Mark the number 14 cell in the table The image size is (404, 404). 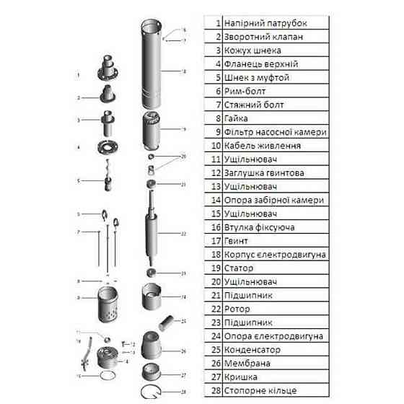coord(214,200)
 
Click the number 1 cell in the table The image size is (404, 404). coord(214,23)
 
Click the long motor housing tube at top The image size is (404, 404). coord(153,65)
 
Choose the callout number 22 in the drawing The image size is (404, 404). coord(183,234)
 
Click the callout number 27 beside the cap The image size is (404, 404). coord(183,375)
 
